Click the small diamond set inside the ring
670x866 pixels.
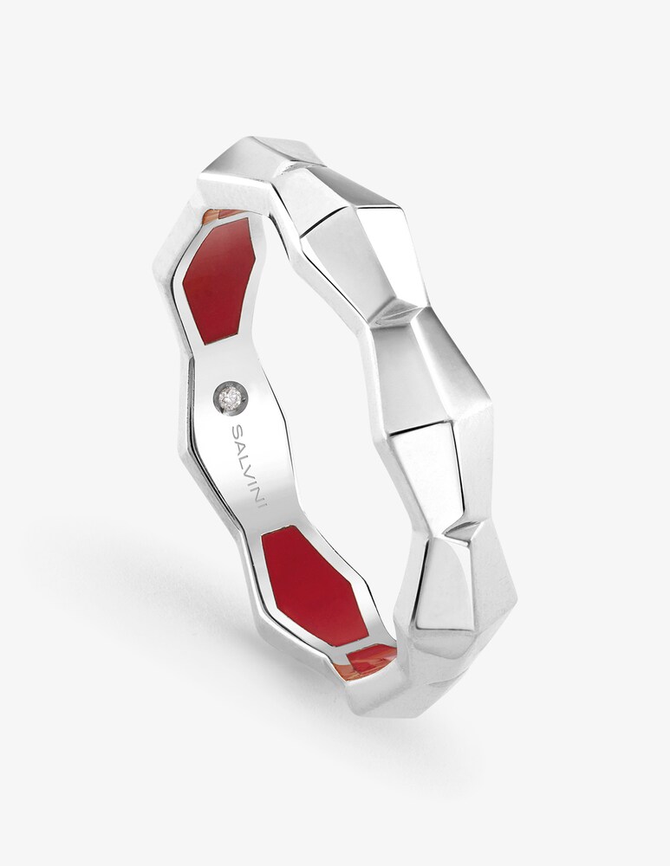tap(231, 396)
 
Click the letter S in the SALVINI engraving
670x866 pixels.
tap(237, 430)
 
